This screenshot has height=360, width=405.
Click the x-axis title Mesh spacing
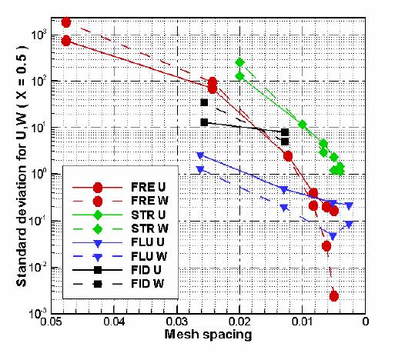tap(209, 335)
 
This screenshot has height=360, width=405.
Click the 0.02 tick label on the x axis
tap(239, 322)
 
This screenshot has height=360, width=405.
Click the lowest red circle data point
tap(333, 295)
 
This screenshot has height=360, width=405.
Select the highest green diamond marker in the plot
tap(239, 62)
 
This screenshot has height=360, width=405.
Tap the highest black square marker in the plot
tap(204, 102)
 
